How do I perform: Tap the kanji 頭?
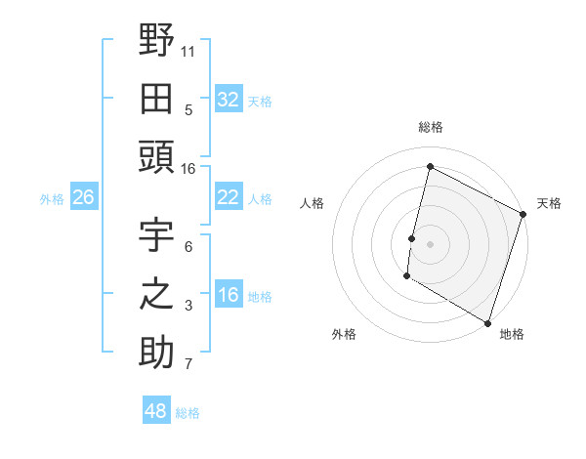point(155,157)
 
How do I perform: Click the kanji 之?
point(155,295)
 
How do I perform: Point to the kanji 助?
point(155,353)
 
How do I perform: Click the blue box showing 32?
point(228,99)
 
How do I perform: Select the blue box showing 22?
point(228,197)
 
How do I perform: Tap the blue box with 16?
point(228,296)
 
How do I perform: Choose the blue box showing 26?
point(83,198)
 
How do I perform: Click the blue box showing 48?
point(155,411)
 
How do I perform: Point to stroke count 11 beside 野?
point(188,50)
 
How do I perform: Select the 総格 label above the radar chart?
point(430,127)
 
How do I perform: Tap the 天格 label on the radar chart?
point(549,203)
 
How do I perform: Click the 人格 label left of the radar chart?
point(312,203)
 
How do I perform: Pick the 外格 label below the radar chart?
point(344,334)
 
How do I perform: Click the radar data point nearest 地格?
point(487,322)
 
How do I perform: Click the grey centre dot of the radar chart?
point(430,244)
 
